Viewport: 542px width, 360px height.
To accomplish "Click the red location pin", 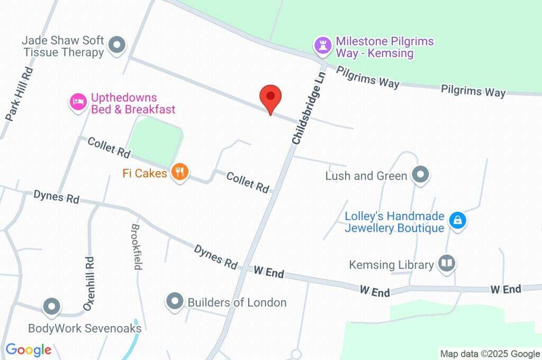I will tap(270, 97).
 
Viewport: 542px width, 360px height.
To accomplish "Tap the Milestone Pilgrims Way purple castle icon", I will tap(322, 46).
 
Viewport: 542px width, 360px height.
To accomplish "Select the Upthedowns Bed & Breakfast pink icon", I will tap(78, 102).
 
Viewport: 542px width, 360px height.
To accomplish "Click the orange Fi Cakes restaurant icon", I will tap(180, 172).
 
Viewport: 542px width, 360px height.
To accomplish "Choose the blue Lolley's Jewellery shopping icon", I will tap(457, 220).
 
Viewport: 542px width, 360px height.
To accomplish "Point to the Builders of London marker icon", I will tap(174, 302).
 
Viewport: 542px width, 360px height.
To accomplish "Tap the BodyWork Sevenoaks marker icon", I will tap(52, 306).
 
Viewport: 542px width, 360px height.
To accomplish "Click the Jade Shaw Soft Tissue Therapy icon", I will tap(117, 45).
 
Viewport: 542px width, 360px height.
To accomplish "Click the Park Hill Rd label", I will tap(20, 94).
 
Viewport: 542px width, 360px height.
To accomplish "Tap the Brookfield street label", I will tap(137, 246).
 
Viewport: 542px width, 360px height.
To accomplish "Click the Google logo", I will tap(29, 349).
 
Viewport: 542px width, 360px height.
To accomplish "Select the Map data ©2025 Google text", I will tap(490, 354).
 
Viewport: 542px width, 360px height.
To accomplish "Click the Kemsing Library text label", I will tap(391, 264).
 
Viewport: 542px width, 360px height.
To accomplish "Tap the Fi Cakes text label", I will tap(145, 173).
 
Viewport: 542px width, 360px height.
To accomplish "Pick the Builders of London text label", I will tap(237, 302).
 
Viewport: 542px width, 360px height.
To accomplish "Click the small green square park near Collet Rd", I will tap(156, 139).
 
